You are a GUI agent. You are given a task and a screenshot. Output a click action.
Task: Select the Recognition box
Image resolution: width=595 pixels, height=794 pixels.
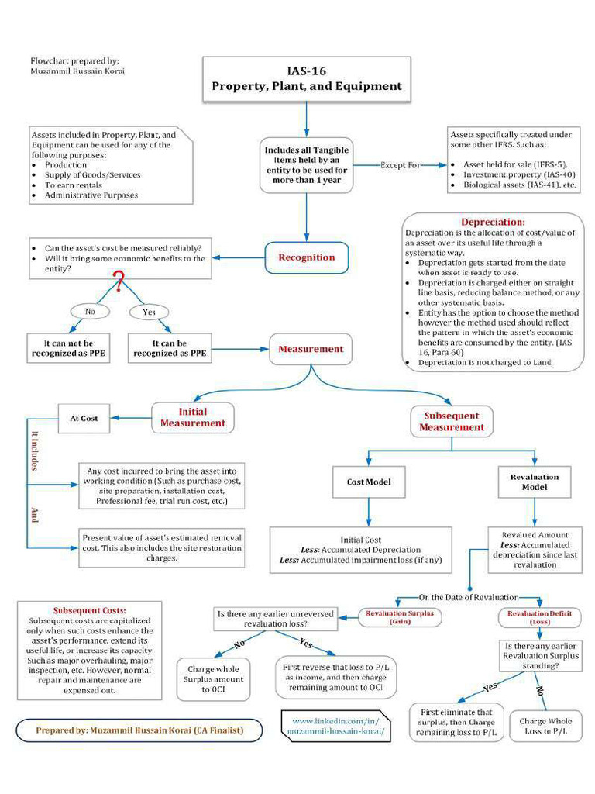point(307,257)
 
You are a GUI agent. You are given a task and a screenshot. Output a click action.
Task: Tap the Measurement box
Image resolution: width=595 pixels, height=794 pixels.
point(311,349)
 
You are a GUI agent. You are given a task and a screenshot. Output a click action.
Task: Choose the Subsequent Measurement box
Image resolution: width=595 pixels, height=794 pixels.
point(452,421)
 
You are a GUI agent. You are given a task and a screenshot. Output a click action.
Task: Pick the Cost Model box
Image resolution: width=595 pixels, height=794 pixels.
point(368,482)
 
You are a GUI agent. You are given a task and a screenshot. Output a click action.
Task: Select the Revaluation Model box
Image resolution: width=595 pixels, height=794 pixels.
point(534,482)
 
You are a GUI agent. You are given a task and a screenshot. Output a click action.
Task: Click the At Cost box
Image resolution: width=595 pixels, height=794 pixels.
point(84,418)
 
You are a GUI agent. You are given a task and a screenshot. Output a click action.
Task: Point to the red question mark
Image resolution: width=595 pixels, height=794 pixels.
point(119,282)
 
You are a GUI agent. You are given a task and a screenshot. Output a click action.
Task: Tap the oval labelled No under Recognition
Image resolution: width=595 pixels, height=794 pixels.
point(89,312)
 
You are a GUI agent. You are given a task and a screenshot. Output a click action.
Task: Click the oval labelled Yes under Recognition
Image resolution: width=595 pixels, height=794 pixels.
point(149,312)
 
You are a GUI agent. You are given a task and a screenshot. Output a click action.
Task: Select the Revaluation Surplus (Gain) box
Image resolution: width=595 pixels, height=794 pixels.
point(400,616)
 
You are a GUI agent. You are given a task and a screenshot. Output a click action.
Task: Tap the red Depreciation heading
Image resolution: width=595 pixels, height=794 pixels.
point(493,223)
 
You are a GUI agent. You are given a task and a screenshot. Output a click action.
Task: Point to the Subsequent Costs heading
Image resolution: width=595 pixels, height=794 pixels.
point(89,610)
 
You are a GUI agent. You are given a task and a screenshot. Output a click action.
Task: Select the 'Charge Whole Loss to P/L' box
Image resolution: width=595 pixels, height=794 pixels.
point(545,726)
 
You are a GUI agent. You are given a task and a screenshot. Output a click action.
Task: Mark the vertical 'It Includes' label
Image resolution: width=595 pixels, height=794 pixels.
point(34,451)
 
